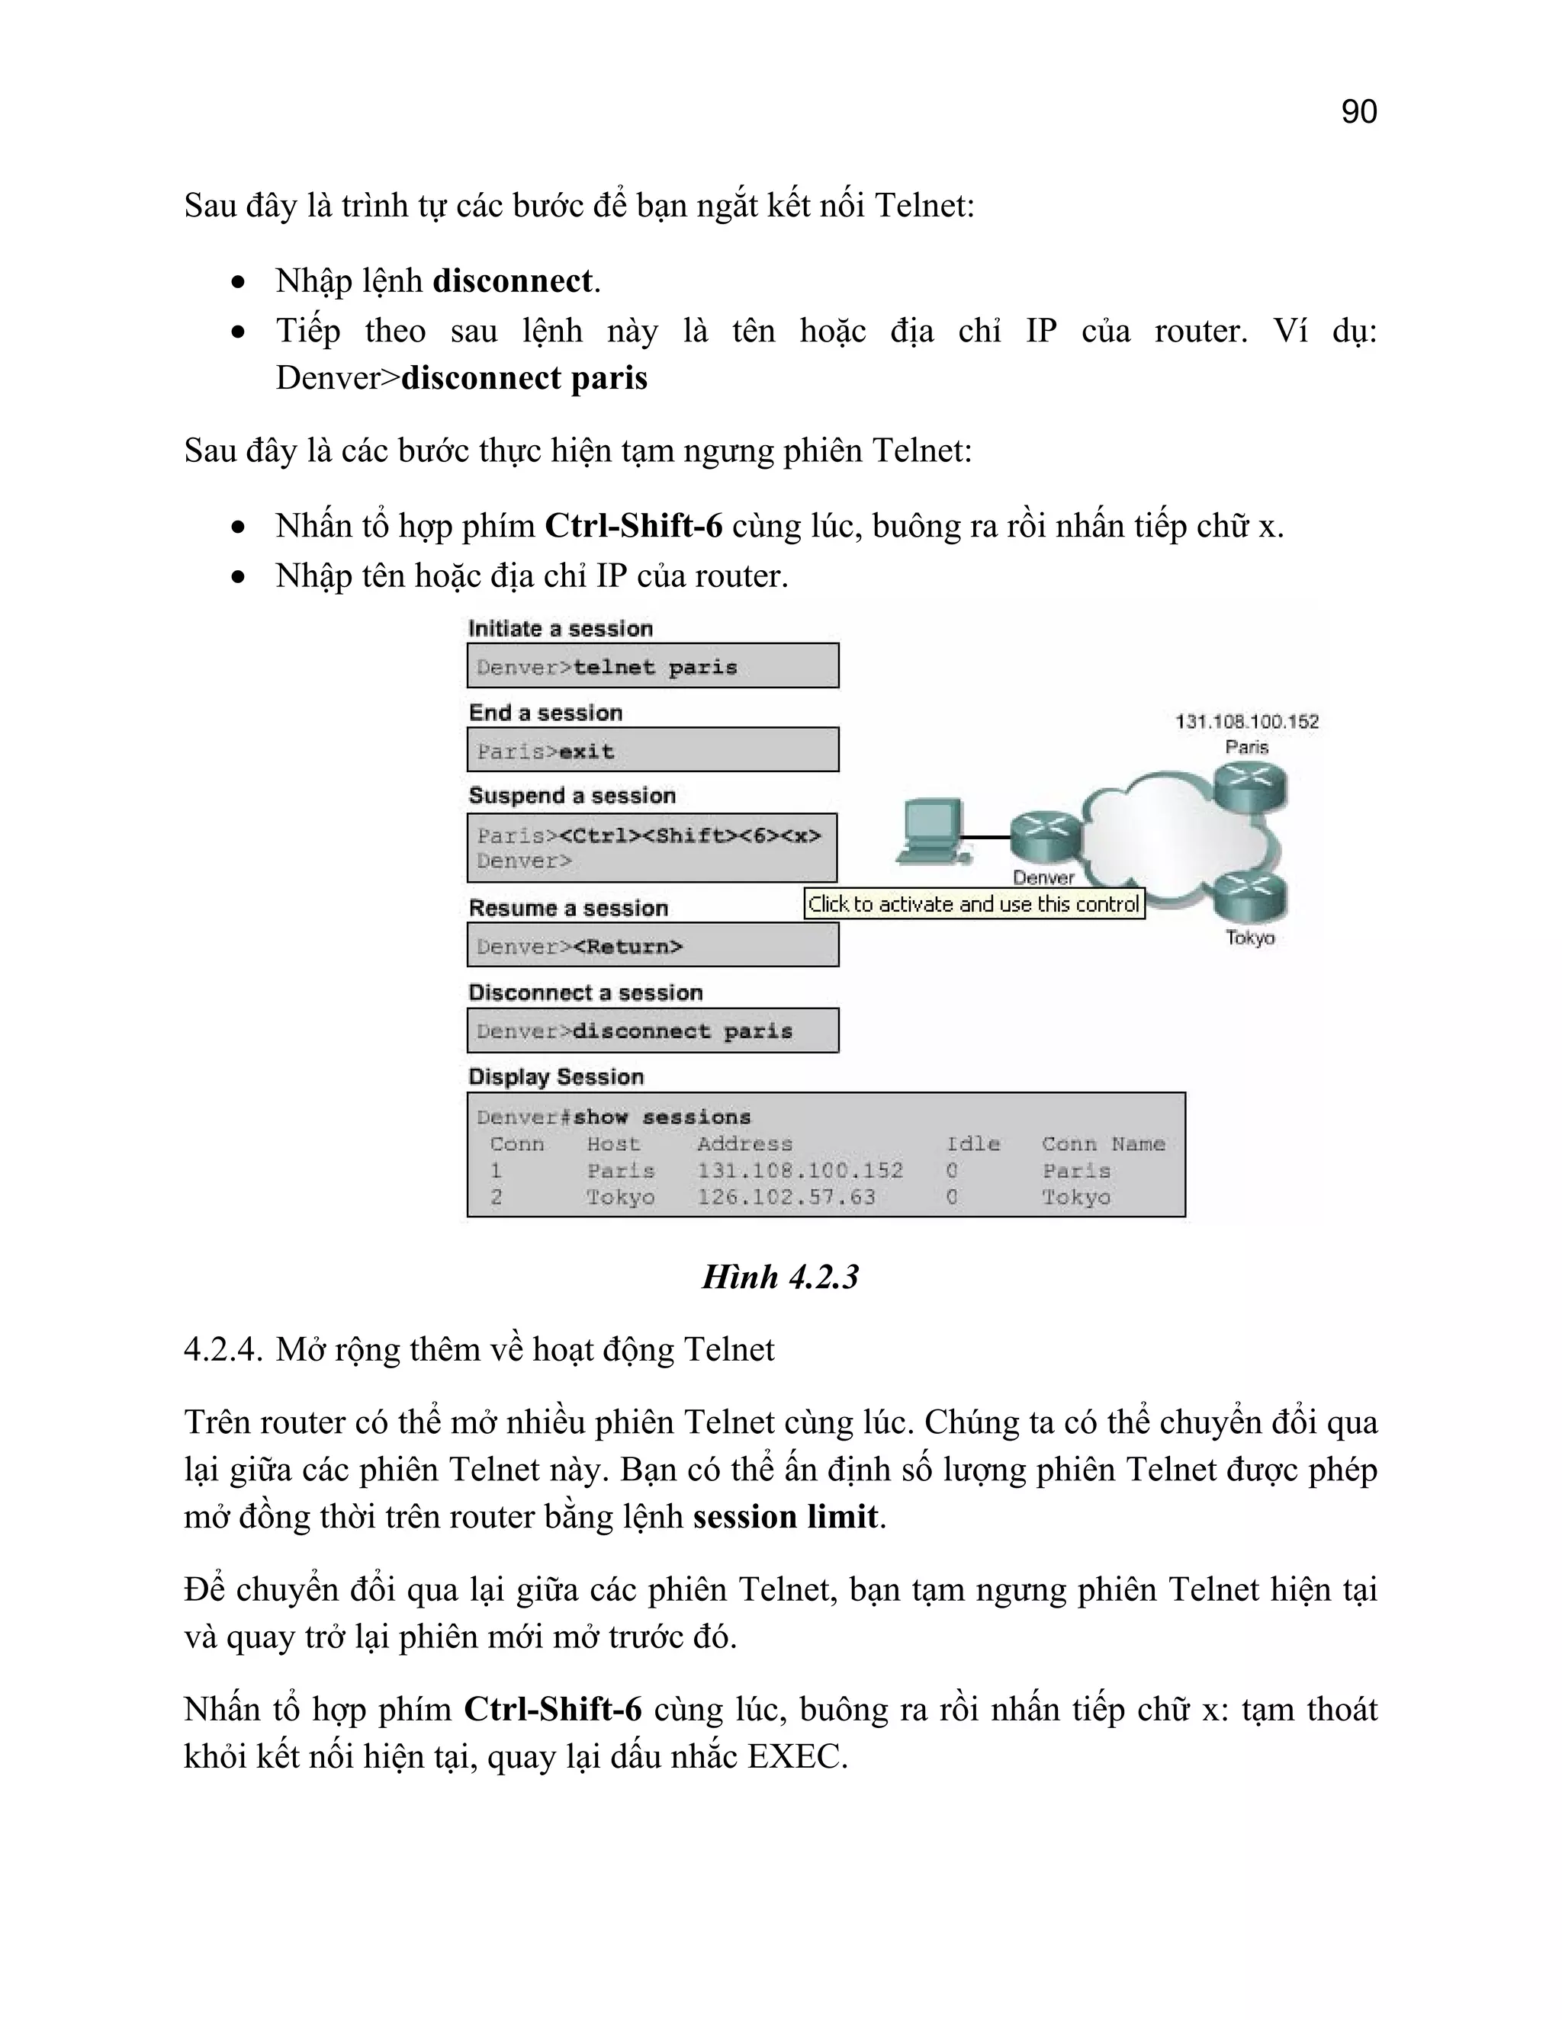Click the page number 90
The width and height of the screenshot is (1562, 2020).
tap(1358, 112)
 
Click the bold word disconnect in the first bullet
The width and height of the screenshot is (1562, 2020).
tap(513, 281)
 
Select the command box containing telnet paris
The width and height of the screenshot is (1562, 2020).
tap(652, 666)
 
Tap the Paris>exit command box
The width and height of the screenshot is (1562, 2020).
tap(652, 750)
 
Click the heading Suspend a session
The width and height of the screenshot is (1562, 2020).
tap(572, 795)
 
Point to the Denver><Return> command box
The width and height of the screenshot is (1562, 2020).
tap(652, 946)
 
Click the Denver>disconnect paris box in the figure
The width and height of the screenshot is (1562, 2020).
tap(652, 1031)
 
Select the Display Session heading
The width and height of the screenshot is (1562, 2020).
tap(555, 1076)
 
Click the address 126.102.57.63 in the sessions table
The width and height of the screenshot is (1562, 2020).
tap(786, 1197)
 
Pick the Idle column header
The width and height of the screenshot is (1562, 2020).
tap(972, 1144)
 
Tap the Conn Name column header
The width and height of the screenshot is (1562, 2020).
tap(1103, 1144)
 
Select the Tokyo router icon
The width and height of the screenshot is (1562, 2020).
tap(1250, 897)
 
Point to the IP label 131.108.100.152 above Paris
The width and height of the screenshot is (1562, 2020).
tap(1246, 721)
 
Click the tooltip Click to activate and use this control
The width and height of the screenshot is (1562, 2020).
tap(973, 903)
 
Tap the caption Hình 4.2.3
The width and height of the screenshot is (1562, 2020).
tap(780, 1278)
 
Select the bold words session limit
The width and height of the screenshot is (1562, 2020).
tap(786, 1517)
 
